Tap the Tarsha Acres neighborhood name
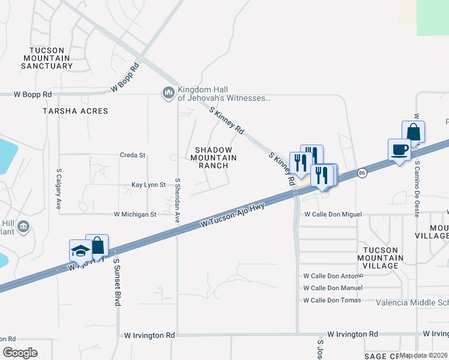[75, 111]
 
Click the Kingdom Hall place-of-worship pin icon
[167, 93]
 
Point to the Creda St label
[133, 155]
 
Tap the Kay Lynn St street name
[148, 185]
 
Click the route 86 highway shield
[361, 173]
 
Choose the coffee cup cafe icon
[399, 150]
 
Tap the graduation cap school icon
[80, 251]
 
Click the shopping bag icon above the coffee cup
[413, 131]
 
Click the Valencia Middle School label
[412, 302]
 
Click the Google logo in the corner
[20, 352]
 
